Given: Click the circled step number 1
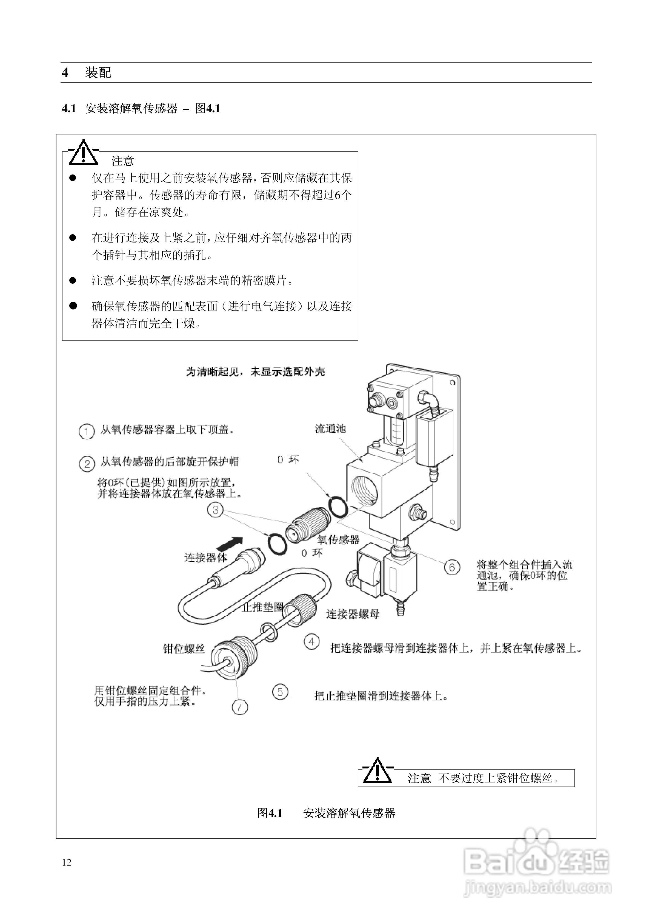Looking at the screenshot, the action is point(86,432).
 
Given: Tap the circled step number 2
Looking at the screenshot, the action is point(87,464).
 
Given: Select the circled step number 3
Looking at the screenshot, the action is point(215,510).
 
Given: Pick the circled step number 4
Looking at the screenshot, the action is point(311,641).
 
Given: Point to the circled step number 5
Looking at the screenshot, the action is point(280,692).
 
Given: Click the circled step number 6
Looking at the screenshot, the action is point(452,567).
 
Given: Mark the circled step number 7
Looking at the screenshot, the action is point(240,707).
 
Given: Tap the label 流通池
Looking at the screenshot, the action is point(330,429).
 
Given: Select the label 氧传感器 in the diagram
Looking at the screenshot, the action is point(338,540).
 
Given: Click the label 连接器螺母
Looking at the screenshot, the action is point(353,614).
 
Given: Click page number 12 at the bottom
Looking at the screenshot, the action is point(67,862).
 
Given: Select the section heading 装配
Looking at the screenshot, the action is point(98,72).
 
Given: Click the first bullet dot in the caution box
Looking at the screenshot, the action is point(73,178).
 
